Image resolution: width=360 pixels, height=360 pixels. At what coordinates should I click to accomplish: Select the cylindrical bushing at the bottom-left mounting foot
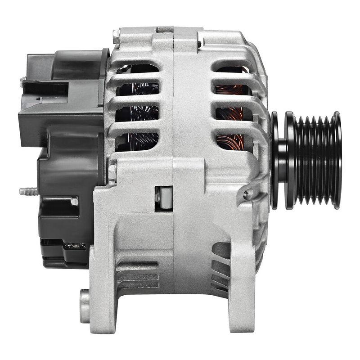click(85, 306)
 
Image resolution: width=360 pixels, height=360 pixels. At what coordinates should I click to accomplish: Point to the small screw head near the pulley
click(246, 194)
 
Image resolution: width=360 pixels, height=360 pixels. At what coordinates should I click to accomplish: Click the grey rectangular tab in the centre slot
click(165, 198)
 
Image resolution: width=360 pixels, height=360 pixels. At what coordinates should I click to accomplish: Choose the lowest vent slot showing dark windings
click(137, 141)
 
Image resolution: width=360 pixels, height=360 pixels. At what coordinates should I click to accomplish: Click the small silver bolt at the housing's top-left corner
click(116, 34)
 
